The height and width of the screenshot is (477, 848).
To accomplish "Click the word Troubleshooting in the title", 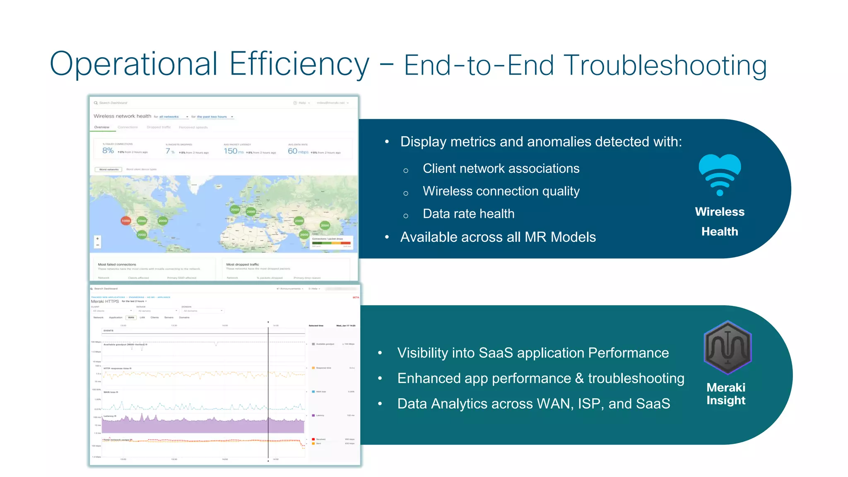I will point(665,65).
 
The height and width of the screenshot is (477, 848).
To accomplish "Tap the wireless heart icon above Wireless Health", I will point(720,174).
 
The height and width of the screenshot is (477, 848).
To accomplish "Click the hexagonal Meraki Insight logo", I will point(728,347).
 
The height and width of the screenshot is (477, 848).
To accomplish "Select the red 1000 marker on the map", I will point(126,221).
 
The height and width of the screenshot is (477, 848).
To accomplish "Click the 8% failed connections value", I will point(108,151).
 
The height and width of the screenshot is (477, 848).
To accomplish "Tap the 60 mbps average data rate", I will point(297,151).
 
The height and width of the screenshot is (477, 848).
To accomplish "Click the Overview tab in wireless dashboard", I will point(101,127).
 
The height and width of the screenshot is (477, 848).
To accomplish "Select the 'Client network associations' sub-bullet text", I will point(501,169).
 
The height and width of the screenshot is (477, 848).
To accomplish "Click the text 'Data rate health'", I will point(468,214).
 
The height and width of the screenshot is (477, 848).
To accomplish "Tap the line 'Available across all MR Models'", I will point(498,237).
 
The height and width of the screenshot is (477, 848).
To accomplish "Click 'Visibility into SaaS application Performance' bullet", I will point(533,353).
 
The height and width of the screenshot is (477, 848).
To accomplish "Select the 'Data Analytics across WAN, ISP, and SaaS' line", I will point(533,403).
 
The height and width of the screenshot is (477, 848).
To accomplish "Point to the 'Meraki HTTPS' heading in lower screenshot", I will point(105,301).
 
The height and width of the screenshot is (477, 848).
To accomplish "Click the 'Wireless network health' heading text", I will point(122,116).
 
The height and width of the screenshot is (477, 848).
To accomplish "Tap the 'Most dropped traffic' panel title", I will point(242,264).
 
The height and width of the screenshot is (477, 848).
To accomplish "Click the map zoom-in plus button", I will point(98,238).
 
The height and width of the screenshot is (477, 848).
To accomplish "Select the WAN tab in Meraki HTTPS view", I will point(131,318).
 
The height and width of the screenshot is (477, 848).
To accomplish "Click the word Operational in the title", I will point(133,64).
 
